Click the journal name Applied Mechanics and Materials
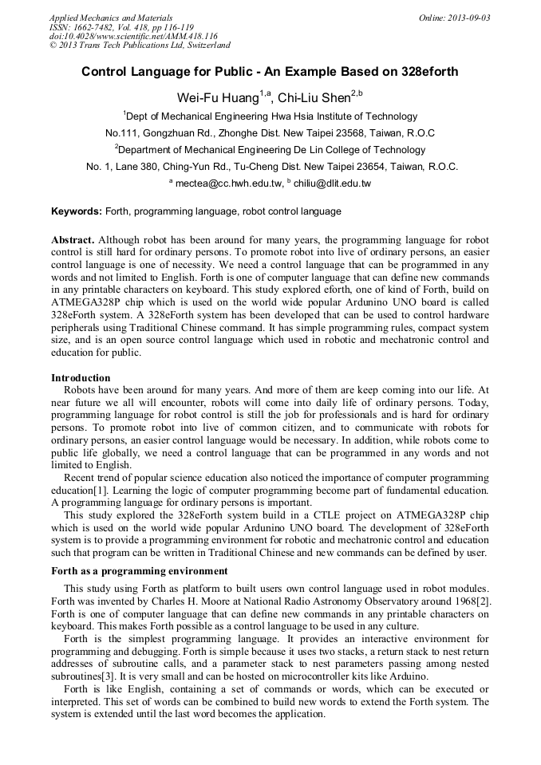pos(111,18)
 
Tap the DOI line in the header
pos(133,36)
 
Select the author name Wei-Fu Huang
pos(217,97)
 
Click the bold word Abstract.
pos(73,240)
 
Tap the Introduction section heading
pos(81,378)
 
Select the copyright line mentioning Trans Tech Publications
pos(140,45)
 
